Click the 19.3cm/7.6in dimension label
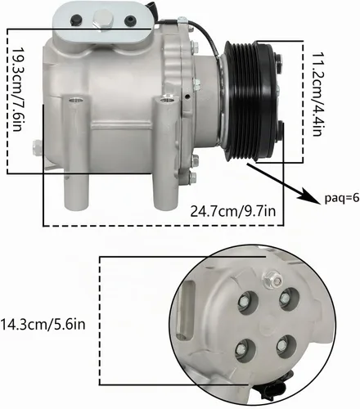pos(16,90)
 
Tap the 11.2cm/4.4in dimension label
pos(317,94)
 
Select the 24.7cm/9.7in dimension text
pos(233,211)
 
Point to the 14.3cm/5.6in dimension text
pos(43,325)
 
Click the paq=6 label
pos(342,198)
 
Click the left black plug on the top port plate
pos(76,20)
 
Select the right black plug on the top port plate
pos(130,20)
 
